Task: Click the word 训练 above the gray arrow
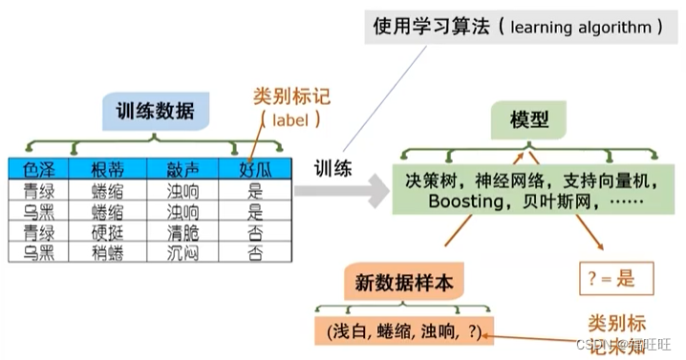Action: [x=334, y=168]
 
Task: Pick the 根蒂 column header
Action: [x=107, y=170]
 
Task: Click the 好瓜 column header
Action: [x=256, y=170]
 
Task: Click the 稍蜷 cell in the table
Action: [x=107, y=252]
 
